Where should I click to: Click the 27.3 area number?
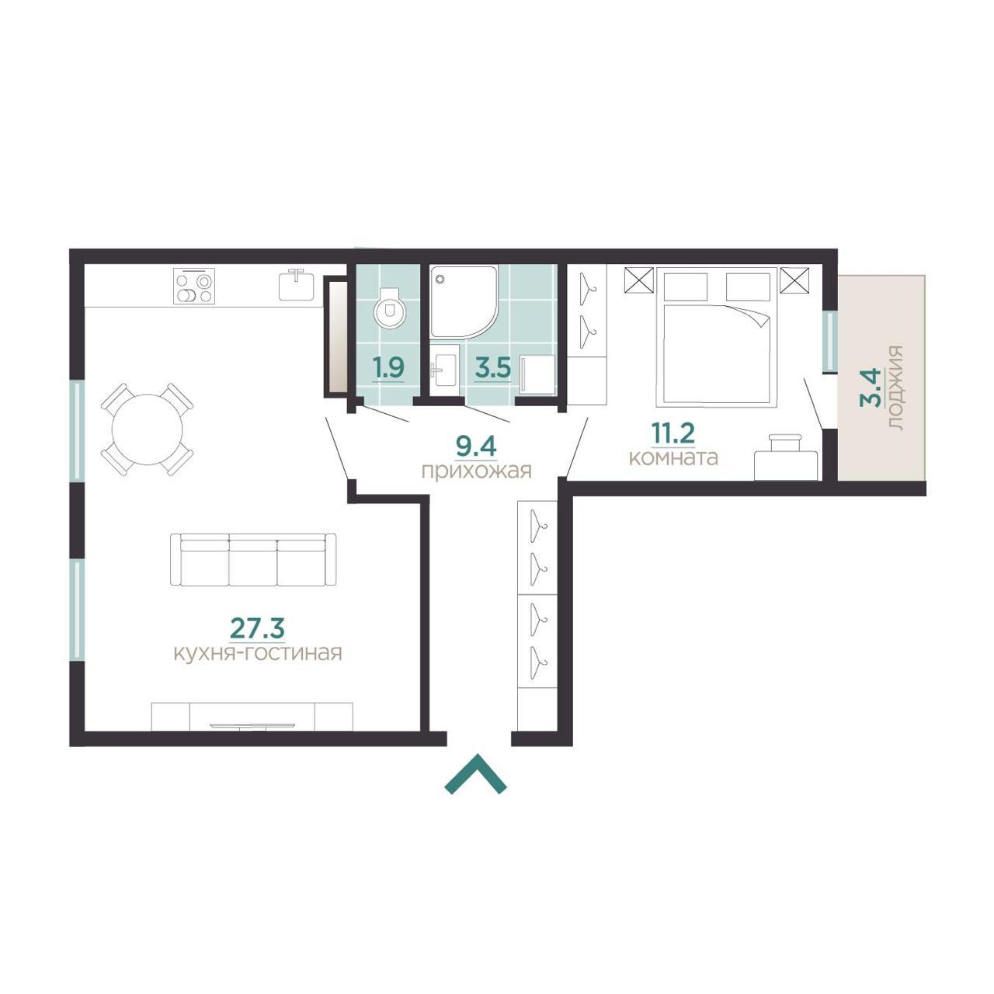tap(257, 627)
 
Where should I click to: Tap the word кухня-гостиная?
tap(258, 654)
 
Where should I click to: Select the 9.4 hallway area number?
tap(475, 447)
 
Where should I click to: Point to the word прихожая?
tap(476, 471)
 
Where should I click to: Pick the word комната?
tap(673, 457)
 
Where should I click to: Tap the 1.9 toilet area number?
tap(388, 368)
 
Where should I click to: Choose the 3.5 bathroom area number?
tap(492, 368)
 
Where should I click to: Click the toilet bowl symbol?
tap(390, 308)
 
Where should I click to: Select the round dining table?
tap(147, 429)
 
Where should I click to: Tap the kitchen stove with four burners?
tap(194, 287)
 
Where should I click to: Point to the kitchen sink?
tap(297, 284)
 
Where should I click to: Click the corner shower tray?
tap(463, 302)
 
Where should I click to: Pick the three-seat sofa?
tap(252, 560)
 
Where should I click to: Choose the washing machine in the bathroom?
tap(537, 374)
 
